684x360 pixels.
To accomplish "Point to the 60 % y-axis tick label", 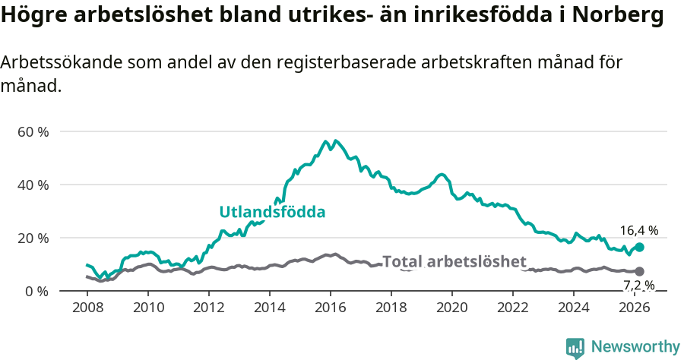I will click(x=33, y=131).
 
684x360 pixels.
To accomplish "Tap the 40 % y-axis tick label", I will click(x=33, y=185).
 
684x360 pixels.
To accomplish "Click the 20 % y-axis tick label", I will click(x=33, y=238).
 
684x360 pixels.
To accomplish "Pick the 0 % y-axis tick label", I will click(x=36, y=291).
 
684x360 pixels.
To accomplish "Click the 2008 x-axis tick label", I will click(x=87, y=308).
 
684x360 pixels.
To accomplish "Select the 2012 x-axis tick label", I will click(x=209, y=308).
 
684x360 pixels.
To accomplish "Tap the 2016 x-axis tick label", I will click(x=331, y=308).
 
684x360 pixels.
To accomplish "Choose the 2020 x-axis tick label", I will click(x=452, y=308).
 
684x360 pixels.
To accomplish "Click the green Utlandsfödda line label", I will click(x=272, y=212).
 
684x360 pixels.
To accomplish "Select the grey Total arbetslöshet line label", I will click(x=454, y=262).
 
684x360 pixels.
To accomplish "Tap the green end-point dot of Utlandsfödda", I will click(x=639, y=247).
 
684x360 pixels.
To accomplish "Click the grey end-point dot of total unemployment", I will click(x=639, y=271).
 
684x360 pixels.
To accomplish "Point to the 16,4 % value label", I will click(x=638, y=230).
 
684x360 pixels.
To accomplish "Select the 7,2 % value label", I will click(x=638, y=286).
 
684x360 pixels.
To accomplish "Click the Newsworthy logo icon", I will click(x=575, y=347).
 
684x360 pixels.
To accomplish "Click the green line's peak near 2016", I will click(x=325, y=141).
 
